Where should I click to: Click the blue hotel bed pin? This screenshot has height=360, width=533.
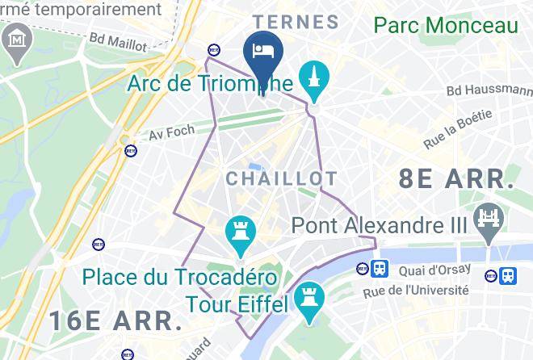point(262,49)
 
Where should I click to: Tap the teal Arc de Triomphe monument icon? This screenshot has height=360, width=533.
point(311,78)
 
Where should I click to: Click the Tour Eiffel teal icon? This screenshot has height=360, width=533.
point(307,300)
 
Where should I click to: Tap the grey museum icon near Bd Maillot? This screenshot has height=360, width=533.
point(15,40)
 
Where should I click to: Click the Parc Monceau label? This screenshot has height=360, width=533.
point(445,25)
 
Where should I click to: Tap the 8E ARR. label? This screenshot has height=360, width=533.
point(456,179)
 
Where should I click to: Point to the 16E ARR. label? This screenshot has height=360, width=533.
point(115,320)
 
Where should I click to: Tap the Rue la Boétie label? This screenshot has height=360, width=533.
point(458,129)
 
